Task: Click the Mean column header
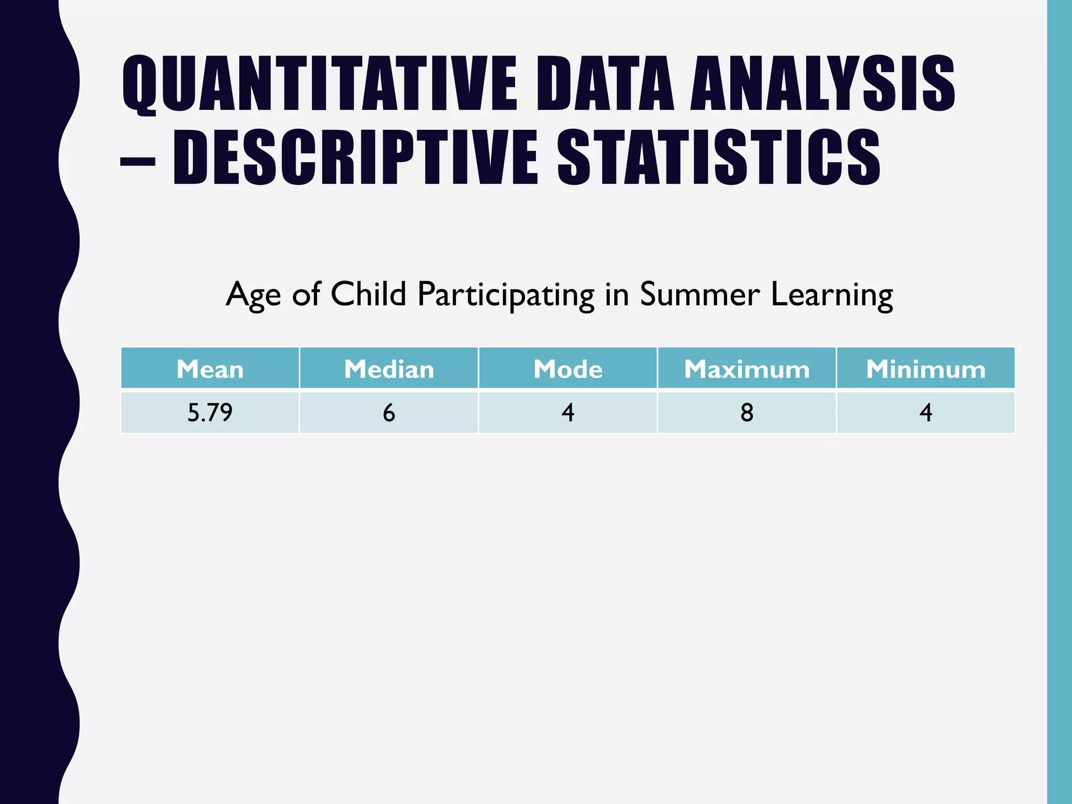coord(210,369)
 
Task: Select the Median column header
coord(389,369)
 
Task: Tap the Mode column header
coord(568,369)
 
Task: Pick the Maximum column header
coord(747,369)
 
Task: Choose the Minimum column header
coord(925,369)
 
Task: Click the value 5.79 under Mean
coord(210,412)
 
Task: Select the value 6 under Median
coord(389,412)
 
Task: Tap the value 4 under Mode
coord(568,412)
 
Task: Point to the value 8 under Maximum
coord(747,412)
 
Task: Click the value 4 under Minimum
coord(925,412)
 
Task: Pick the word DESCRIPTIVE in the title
coord(355,158)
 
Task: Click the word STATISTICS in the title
coord(719,158)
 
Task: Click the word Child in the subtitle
coord(368,294)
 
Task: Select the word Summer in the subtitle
coord(699,294)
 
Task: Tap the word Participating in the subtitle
coord(506,295)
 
